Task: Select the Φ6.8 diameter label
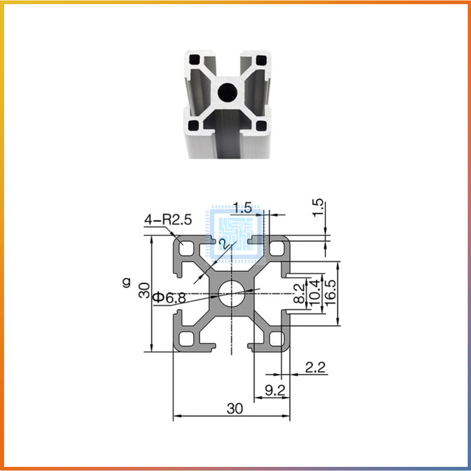169,298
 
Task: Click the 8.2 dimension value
299,293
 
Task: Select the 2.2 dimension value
316,367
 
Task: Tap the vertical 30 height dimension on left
144,291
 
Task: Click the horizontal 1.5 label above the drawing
242,208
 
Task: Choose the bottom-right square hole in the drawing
276,339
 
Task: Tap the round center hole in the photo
227,92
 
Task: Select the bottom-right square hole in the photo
261,125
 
